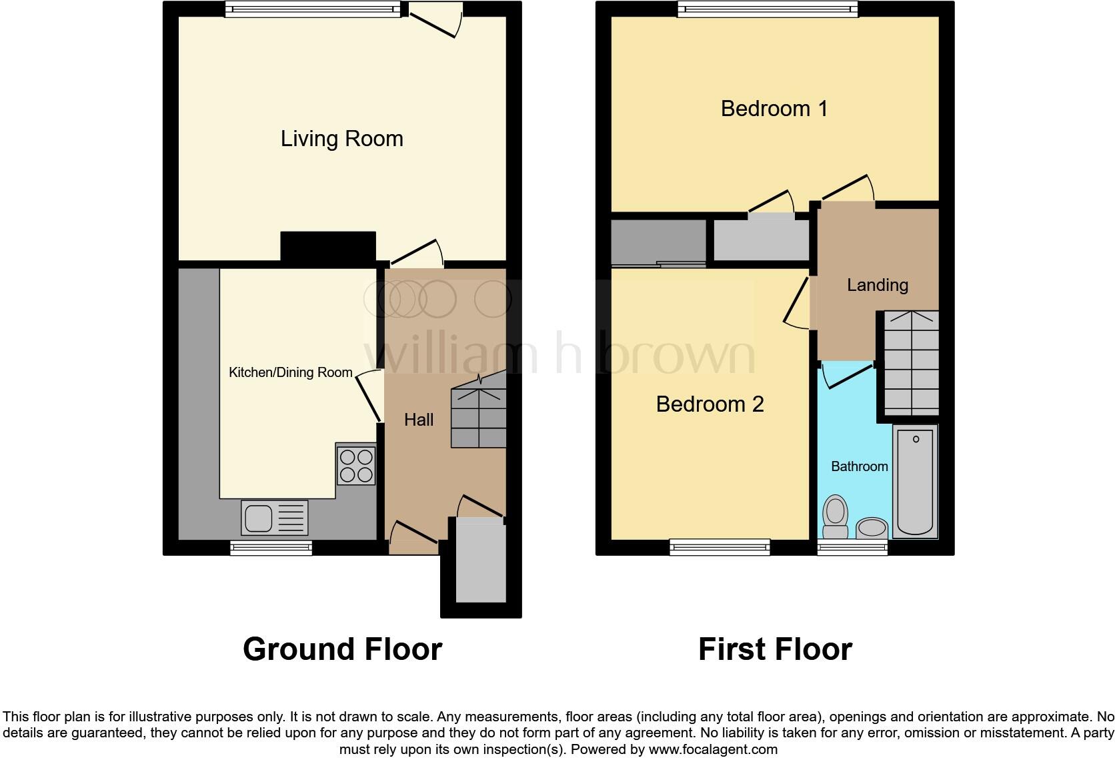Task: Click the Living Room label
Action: pyautogui.click(x=341, y=139)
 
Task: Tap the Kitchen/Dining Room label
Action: pyautogui.click(x=290, y=372)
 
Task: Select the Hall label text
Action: pyautogui.click(x=419, y=420)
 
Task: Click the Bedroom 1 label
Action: pyautogui.click(x=774, y=108)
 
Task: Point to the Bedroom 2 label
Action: pyautogui.click(x=710, y=404)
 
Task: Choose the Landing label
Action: pyautogui.click(x=877, y=285)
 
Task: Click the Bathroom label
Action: pyautogui.click(x=859, y=466)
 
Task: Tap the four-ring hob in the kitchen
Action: pyautogui.click(x=355, y=465)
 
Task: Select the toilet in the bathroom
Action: pyautogui.click(x=835, y=517)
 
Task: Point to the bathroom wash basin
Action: pyautogui.click(x=872, y=528)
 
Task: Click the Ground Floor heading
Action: pyautogui.click(x=342, y=649)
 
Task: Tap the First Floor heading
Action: pyautogui.click(x=775, y=649)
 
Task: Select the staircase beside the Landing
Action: pyautogui.click(x=911, y=364)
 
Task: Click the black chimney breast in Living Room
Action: pyautogui.click(x=327, y=246)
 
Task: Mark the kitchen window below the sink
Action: pyautogui.click(x=271, y=548)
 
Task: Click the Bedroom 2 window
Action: pyautogui.click(x=720, y=547)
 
